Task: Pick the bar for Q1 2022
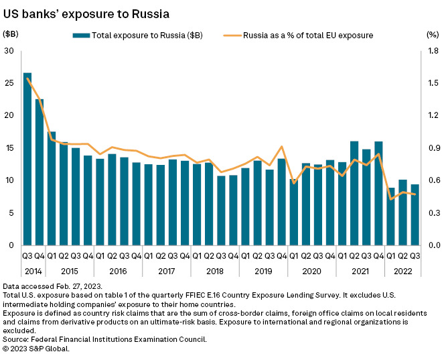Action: coord(390,221)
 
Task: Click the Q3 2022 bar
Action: coord(415,215)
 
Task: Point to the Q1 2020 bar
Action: coord(293,212)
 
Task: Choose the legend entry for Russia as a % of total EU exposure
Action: coord(308,35)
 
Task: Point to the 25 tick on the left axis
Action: coord(9,83)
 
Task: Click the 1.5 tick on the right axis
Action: coord(431,83)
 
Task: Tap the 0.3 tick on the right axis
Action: coord(431,213)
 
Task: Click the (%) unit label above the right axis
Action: coord(431,34)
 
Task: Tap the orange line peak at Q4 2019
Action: coord(281,147)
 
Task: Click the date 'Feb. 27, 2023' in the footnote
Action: coord(73,286)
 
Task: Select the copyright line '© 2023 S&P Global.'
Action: coord(36,349)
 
